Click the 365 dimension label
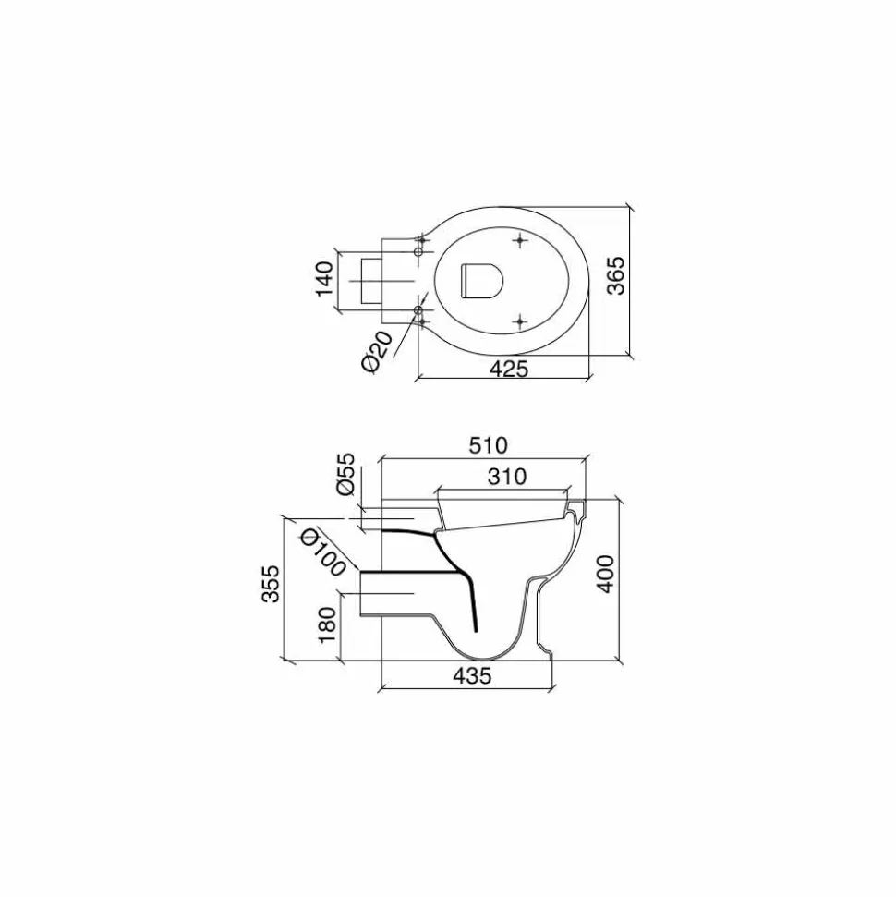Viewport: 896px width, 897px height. [616, 275]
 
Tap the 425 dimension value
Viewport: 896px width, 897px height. [509, 369]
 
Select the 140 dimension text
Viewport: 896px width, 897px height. [324, 279]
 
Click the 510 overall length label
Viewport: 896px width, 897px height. [488, 445]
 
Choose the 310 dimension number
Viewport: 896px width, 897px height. [507, 476]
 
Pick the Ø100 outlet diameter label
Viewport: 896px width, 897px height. [324, 552]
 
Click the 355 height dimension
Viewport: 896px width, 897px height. [271, 584]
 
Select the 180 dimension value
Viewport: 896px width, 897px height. [327, 624]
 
